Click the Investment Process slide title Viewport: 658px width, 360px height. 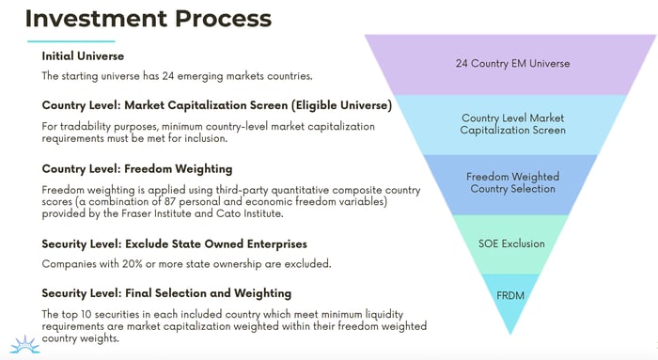149,18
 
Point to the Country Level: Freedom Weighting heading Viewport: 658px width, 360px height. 137,169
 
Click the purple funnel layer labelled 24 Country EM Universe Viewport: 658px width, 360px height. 512,63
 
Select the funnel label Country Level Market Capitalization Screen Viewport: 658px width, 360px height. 512,124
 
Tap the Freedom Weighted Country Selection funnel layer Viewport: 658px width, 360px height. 511,182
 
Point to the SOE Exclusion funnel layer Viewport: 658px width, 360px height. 511,243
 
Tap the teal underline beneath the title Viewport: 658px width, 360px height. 70,41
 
